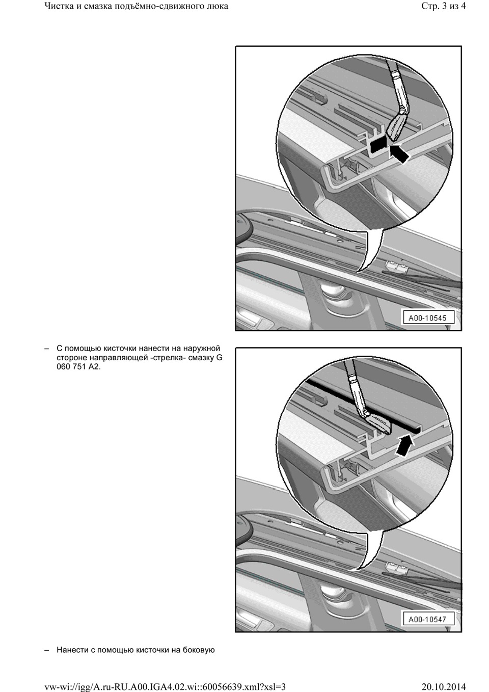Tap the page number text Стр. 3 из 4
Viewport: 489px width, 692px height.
(443, 6)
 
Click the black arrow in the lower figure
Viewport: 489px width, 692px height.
(403, 445)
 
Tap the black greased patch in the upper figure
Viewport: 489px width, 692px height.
(378, 145)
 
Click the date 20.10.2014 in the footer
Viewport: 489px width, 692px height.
(444, 686)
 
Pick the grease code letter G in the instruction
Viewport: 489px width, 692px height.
(220, 358)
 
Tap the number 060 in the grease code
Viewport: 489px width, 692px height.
(63, 367)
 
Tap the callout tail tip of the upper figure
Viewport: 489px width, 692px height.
(357, 272)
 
